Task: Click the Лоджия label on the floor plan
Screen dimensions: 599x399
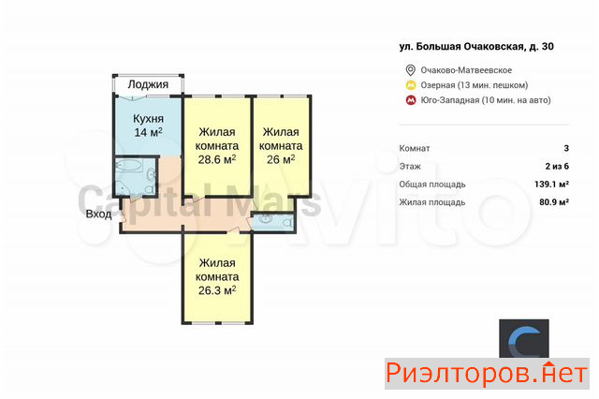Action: pos(148,84)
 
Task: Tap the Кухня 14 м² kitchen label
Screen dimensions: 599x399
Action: pos(148,126)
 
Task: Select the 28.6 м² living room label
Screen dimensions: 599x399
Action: pos(216,159)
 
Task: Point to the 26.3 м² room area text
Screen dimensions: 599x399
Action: pos(217,290)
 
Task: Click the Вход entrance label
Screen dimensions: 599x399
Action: pos(98,214)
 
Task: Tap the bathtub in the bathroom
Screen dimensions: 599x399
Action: pos(129,166)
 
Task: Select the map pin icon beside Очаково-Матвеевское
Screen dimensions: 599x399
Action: pos(410,70)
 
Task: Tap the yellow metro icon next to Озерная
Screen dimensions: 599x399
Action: pos(411,85)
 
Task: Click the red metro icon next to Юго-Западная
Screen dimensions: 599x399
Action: pos(411,100)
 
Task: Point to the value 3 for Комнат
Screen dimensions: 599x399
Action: pos(566,148)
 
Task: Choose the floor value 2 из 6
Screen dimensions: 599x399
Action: pos(557,167)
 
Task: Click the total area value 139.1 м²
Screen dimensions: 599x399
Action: pos(551,185)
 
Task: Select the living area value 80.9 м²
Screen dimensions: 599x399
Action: pos(554,202)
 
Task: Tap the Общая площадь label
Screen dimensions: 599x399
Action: pos(432,185)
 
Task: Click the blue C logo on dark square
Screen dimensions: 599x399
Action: pos(524,339)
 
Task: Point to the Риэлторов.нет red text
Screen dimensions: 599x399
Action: pos(487,374)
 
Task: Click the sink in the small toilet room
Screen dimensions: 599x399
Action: pos(265,219)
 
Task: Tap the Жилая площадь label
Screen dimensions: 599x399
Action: pos(432,202)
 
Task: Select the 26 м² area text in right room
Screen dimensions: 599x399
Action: pos(281,159)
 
